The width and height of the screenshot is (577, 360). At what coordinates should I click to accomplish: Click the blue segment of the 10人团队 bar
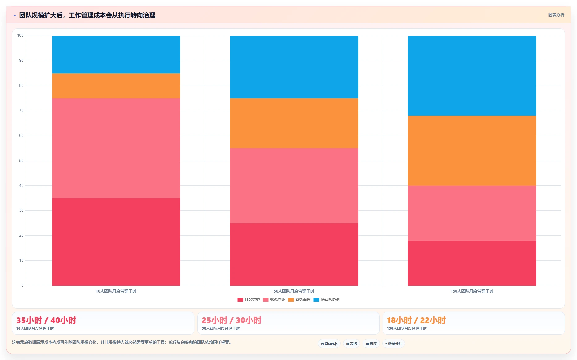[x=116, y=54]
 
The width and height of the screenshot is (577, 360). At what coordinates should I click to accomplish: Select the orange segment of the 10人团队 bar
[x=116, y=86]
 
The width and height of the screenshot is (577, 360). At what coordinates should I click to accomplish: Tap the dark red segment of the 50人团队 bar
[x=294, y=254]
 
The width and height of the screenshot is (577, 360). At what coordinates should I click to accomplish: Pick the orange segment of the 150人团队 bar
[x=472, y=150]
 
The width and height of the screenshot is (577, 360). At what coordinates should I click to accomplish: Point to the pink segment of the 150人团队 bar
[x=472, y=213]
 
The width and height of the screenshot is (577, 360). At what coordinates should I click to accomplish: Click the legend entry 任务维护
[x=248, y=299]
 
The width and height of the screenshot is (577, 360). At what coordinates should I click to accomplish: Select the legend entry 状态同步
[x=274, y=299]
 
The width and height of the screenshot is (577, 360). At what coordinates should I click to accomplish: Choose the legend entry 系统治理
[x=299, y=299]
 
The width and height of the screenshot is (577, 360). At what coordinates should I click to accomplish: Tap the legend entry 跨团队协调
[x=326, y=299]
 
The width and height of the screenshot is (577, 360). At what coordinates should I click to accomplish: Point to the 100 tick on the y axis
[x=20, y=36]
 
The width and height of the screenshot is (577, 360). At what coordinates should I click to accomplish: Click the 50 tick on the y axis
[x=21, y=161]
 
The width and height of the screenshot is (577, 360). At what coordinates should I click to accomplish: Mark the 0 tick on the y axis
[x=23, y=286]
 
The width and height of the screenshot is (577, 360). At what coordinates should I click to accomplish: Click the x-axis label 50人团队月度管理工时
[x=294, y=291]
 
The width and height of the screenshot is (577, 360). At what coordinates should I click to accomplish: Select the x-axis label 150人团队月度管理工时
[x=472, y=291]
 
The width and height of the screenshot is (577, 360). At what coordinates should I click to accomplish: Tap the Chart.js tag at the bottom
[x=329, y=344]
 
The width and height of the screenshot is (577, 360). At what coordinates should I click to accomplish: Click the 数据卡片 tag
[x=393, y=344]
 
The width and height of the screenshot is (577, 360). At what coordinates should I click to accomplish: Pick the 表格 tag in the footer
[x=351, y=344]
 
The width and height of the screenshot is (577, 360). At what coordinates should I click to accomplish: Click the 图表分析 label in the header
[x=556, y=15]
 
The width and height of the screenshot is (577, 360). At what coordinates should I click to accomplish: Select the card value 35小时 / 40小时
[x=46, y=320]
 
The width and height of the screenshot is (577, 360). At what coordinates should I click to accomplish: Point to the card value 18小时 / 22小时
[x=416, y=320]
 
